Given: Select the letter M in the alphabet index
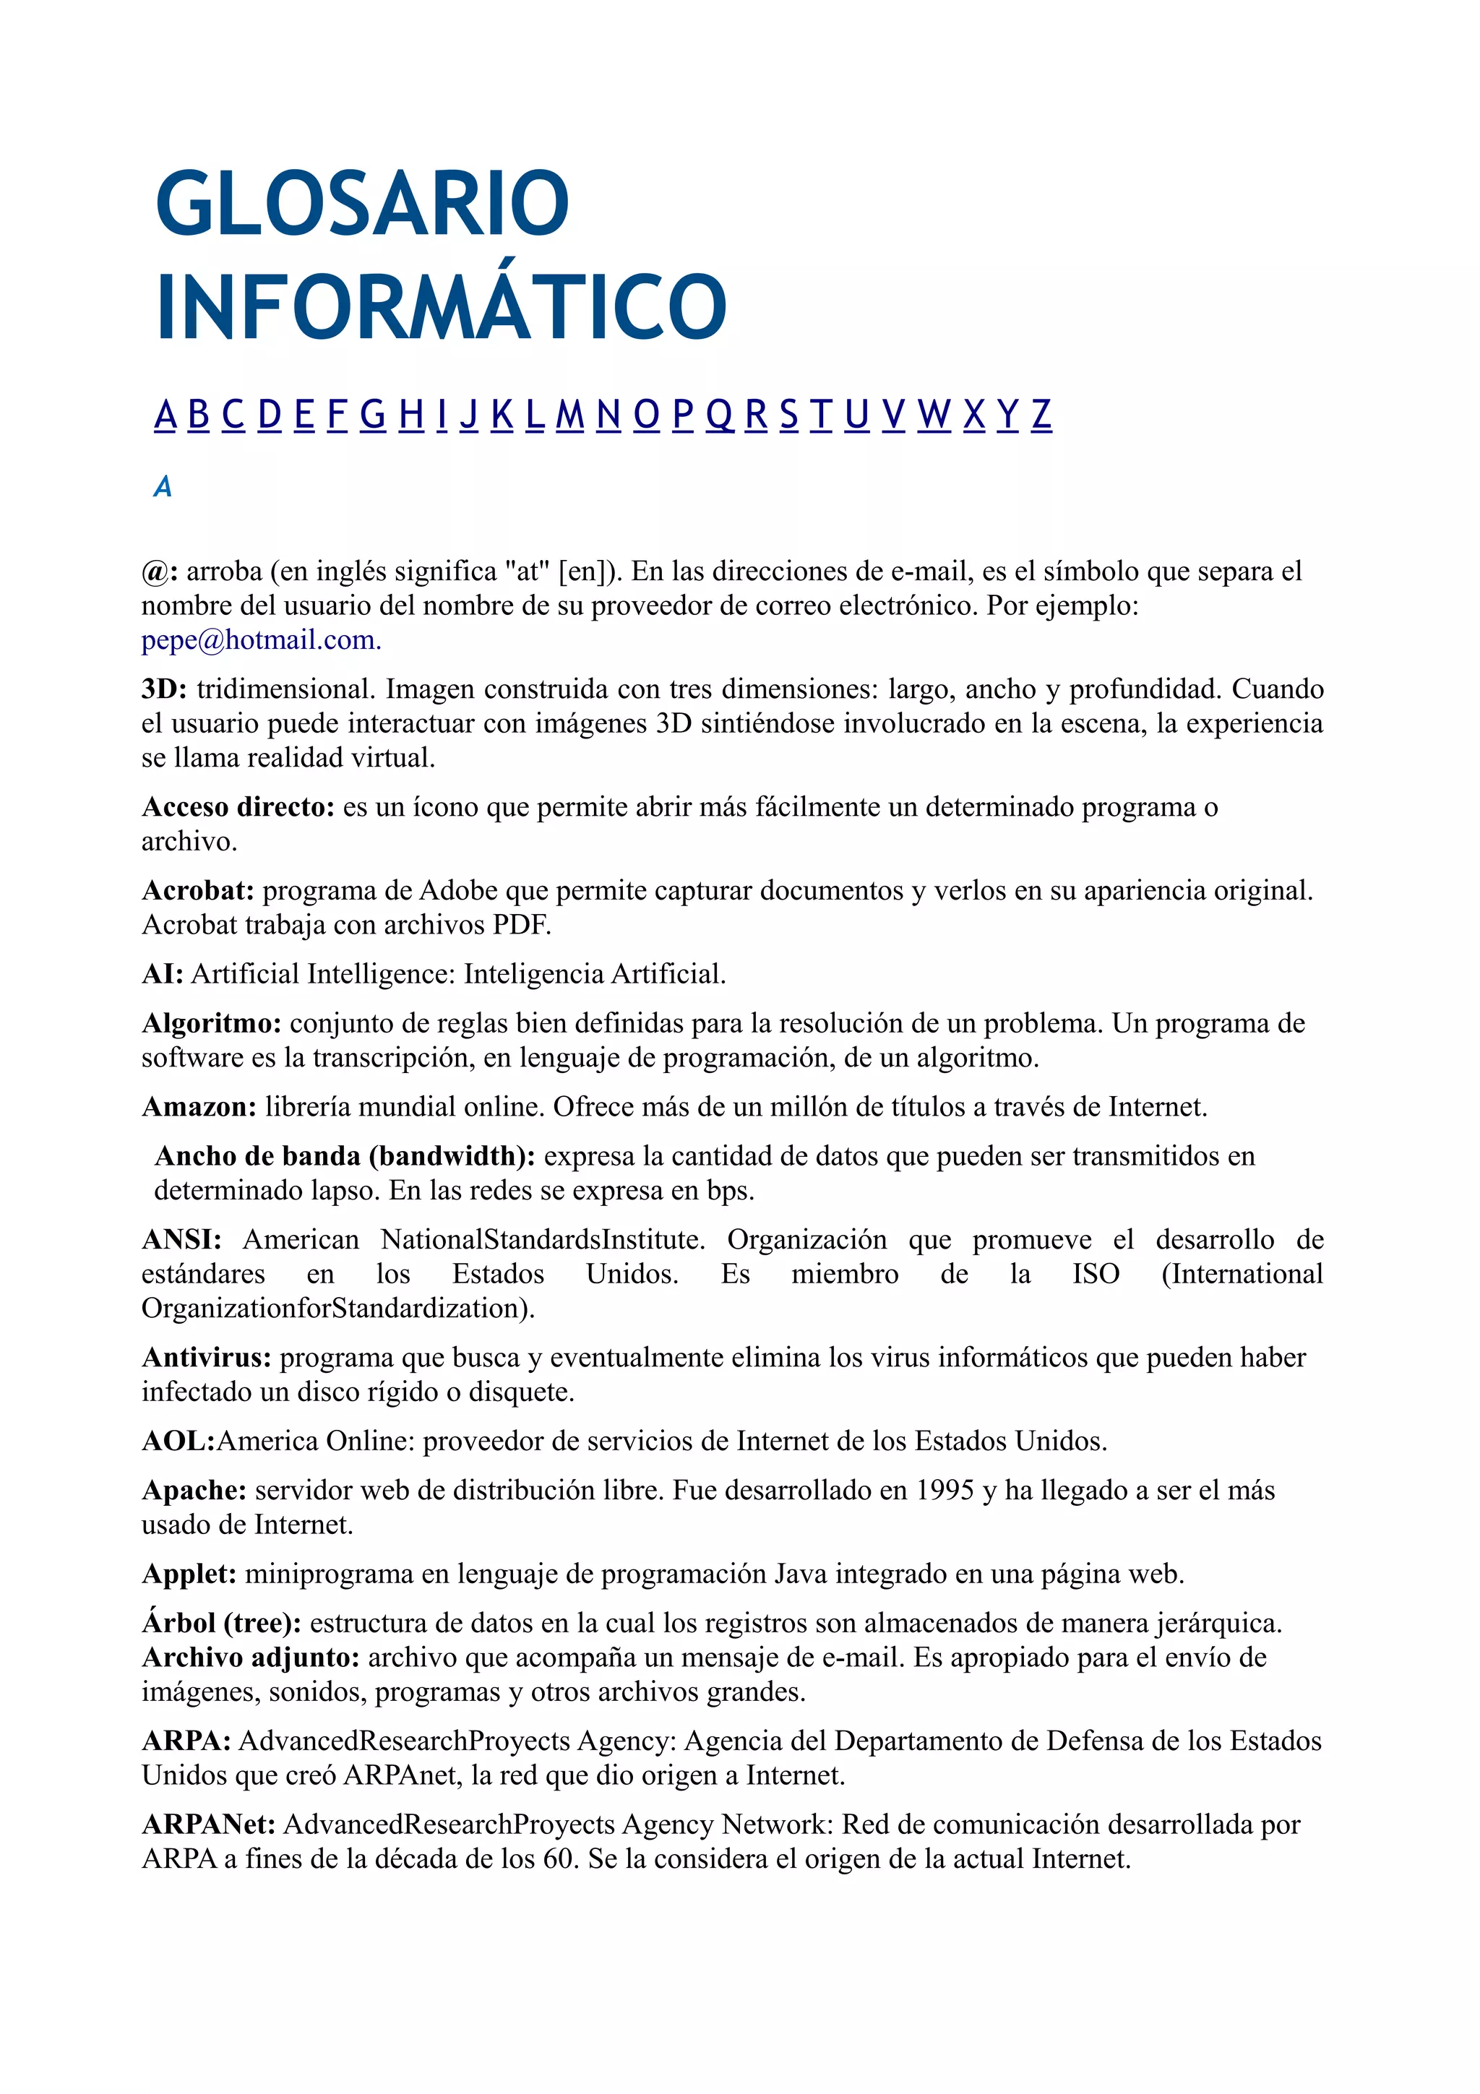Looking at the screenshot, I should click(x=570, y=415).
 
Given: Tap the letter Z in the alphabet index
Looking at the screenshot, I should click(x=1041, y=415).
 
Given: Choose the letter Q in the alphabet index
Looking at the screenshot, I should click(x=720, y=415).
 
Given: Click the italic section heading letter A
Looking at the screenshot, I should click(x=163, y=487).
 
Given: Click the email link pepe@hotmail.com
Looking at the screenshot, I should click(x=260, y=640).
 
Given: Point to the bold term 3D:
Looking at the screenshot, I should click(x=164, y=689).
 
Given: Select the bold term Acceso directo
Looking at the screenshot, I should click(x=238, y=807).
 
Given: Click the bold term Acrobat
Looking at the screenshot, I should click(x=198, y=890).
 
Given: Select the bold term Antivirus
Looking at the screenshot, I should click(x=206, y=1358).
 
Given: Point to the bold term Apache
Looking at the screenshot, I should click(x=194, y=1490).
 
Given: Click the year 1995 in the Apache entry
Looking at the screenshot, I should click(x=945, y=1490).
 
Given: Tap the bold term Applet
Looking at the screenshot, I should click(x=189, y=1574).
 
